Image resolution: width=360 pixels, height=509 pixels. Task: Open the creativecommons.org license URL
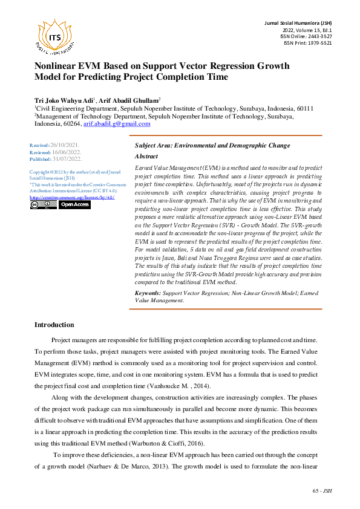tap(72, 197)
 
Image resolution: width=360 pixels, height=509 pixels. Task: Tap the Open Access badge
tap(74, 205)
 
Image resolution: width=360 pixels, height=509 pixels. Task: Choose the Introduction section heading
tap(54, 325)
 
